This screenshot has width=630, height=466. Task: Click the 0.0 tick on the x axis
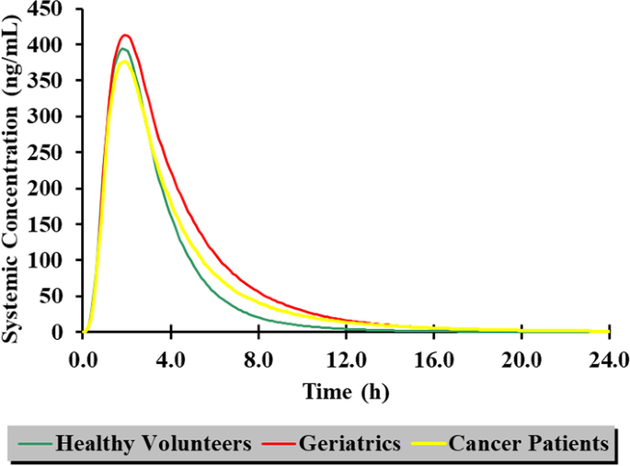[83, 358]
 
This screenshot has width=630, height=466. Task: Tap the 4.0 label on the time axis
[171, 358]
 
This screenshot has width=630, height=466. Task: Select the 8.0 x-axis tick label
[258, 358]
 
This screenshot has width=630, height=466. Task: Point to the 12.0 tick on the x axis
[346, 358]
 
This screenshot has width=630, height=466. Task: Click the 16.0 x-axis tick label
[433, 358]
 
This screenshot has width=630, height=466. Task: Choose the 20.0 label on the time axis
[521, 358]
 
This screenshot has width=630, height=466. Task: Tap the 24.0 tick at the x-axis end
[608, 358]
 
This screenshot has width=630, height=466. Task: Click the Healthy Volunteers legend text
[154, 444]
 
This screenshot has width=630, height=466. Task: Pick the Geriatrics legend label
[349, 444]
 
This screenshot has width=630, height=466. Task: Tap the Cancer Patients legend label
[528, 444]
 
